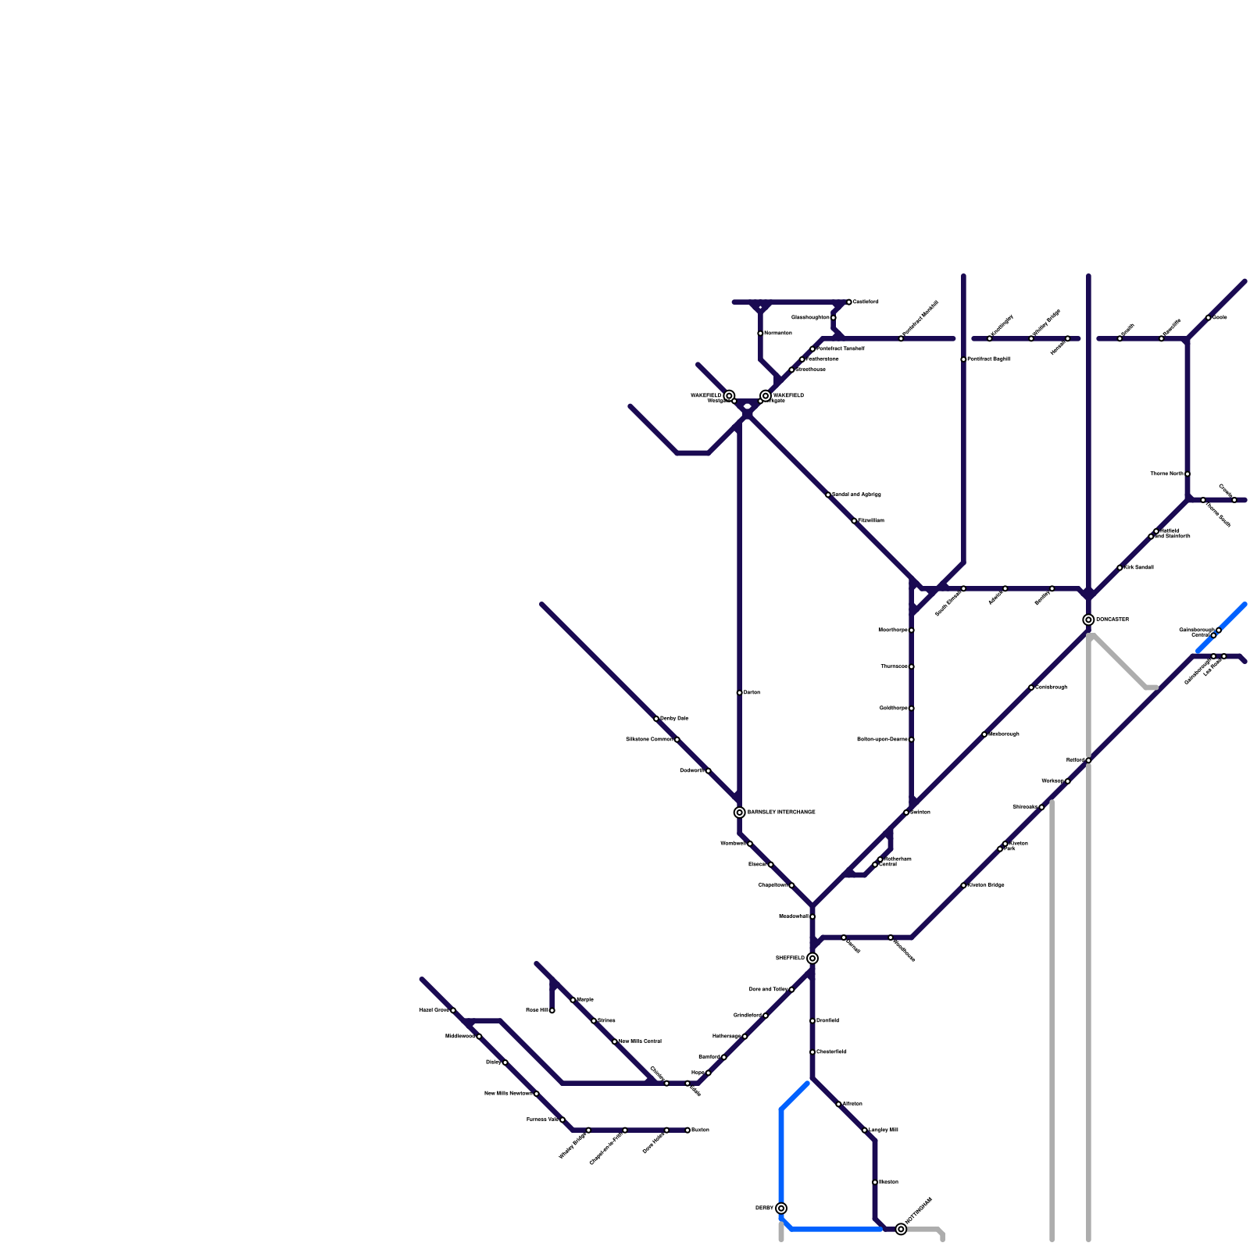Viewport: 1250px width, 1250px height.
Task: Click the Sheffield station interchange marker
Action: pyautogui.click(x=812, y=959)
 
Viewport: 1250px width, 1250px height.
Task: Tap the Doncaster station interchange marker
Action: pyautogui.click(x=1088, y=620)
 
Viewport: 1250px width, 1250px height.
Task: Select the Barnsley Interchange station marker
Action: pyautogui.click(x=740, y=812)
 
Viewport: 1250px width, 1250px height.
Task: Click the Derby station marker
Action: pyautogui.click(x=781, y=1209)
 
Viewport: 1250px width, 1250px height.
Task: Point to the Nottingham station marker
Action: pyautogui.click(x=901, y=1230)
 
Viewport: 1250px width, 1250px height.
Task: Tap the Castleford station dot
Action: pyautogui.click(x=849, y=302)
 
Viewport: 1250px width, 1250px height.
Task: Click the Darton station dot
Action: pyautogui.click(x=740, y=693)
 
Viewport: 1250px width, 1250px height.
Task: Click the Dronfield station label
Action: pyautogui.click(x=828, y=1021)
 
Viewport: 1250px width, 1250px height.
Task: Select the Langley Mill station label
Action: pyautogui.click(x=884, y=1130)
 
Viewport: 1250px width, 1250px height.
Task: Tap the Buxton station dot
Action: pyautogui.click(x=687, y=1130)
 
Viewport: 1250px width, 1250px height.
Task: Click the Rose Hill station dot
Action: pyautogui.click(x=552, y=1011)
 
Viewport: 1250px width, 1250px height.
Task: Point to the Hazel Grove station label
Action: pyautogui.click(x=434, y=1010)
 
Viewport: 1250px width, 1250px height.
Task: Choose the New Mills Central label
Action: pyautogui.click(x=641, y=1041)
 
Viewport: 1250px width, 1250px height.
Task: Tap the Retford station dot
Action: pyautogui.click(x=1088, y=760)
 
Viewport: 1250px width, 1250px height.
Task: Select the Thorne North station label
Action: pyautogui.click(x=1166, y=474)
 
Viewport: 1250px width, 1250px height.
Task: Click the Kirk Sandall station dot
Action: pyautogui.click(x=1120, y=568)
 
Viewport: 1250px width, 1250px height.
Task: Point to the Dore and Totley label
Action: pyautogui.click(x=769, y=990)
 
